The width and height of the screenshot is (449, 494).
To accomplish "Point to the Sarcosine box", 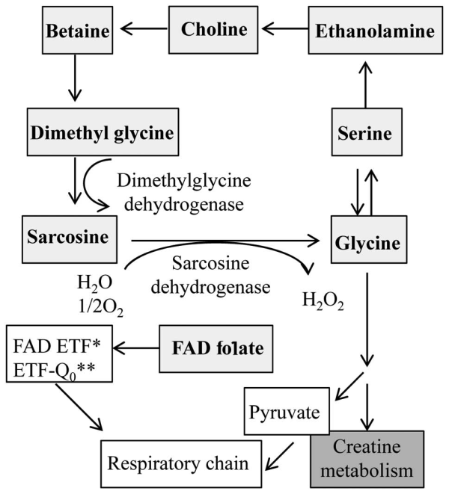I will (x=66, y=235).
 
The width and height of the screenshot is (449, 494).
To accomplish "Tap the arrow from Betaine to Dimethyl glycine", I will (x=73, y=81).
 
